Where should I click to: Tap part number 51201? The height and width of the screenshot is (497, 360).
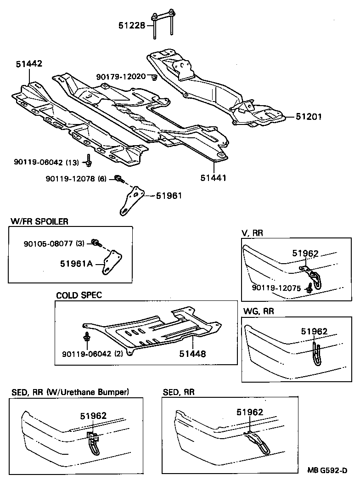tap(308, 117)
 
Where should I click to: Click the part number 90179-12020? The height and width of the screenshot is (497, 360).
tap(121, 76)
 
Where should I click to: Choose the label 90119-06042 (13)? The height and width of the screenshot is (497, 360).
tap(46, 162)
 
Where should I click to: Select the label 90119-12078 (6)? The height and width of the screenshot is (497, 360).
tap(76, 178)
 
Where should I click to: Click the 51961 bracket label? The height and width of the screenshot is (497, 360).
tap(169, 196)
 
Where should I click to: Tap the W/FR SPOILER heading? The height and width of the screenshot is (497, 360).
tap(39, 221)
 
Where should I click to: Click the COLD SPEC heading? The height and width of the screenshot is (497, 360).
tap(79, 295)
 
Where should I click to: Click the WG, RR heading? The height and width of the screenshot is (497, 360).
tap(258, 311)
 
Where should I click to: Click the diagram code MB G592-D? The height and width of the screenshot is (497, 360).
tap(327, 470)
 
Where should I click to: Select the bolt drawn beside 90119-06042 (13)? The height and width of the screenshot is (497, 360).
tap(88, 162)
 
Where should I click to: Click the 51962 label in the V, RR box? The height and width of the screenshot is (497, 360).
tap(305, 253)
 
